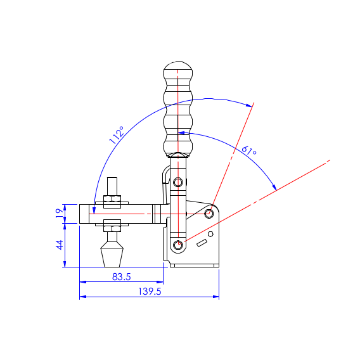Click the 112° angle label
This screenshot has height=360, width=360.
pyautogui.click(x=117, y=135)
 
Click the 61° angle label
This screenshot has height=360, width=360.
pyautogui.click(x=249, y=150)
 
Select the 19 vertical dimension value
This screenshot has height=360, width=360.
pyautogui.click(x=60, y=214)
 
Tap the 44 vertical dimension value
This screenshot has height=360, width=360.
pyautogui.click(x=60, y=245)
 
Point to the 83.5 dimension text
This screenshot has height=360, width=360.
pyautogui.click(x=122, y=277)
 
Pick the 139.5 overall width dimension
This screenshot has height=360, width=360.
pyautogui.click(x=150, y=292)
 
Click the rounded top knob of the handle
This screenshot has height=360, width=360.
pyautogui.click(x=177, y=70)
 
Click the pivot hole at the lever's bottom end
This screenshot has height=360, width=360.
pyautogui.click(x=178, y=245)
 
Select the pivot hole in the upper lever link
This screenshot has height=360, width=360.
pyautogui.click(x=178, y=183)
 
